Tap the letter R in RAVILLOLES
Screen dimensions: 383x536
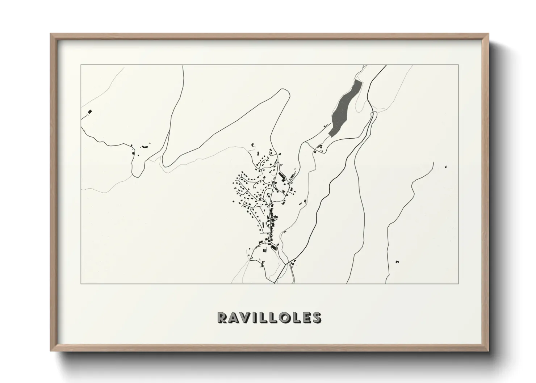[x=222, y=317]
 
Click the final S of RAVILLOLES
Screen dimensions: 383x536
[x=316, y=317]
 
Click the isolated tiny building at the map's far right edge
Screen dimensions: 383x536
[x=445, y=167]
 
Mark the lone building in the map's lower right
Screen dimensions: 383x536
[x=397, y=261]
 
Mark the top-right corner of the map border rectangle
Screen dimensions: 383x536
[x=458, y=65]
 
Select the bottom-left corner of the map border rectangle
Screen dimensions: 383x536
[x=81, y=283]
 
